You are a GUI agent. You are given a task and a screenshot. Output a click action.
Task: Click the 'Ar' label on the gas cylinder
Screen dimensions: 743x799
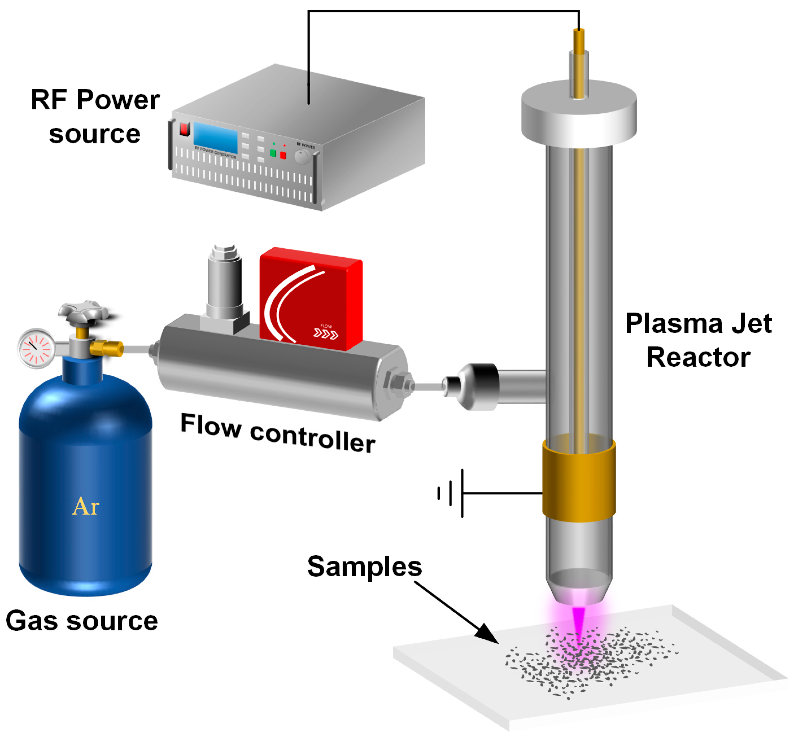point(85,506)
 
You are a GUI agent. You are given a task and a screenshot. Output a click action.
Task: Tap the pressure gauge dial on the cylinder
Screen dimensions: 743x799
point(36,349)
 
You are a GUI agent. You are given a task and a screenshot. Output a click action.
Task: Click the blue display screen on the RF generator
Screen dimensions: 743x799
point(216,137)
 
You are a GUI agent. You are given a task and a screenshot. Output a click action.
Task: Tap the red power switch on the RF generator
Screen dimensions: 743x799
point(184,129)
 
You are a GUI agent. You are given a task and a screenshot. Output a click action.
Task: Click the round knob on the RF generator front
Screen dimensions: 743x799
point(301,157)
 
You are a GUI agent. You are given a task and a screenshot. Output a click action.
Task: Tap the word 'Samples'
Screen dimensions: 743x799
point(365,567)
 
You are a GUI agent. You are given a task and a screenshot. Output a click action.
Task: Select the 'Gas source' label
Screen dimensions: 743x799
point(81,620)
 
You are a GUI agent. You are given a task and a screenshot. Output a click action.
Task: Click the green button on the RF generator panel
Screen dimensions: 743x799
point(273,153)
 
